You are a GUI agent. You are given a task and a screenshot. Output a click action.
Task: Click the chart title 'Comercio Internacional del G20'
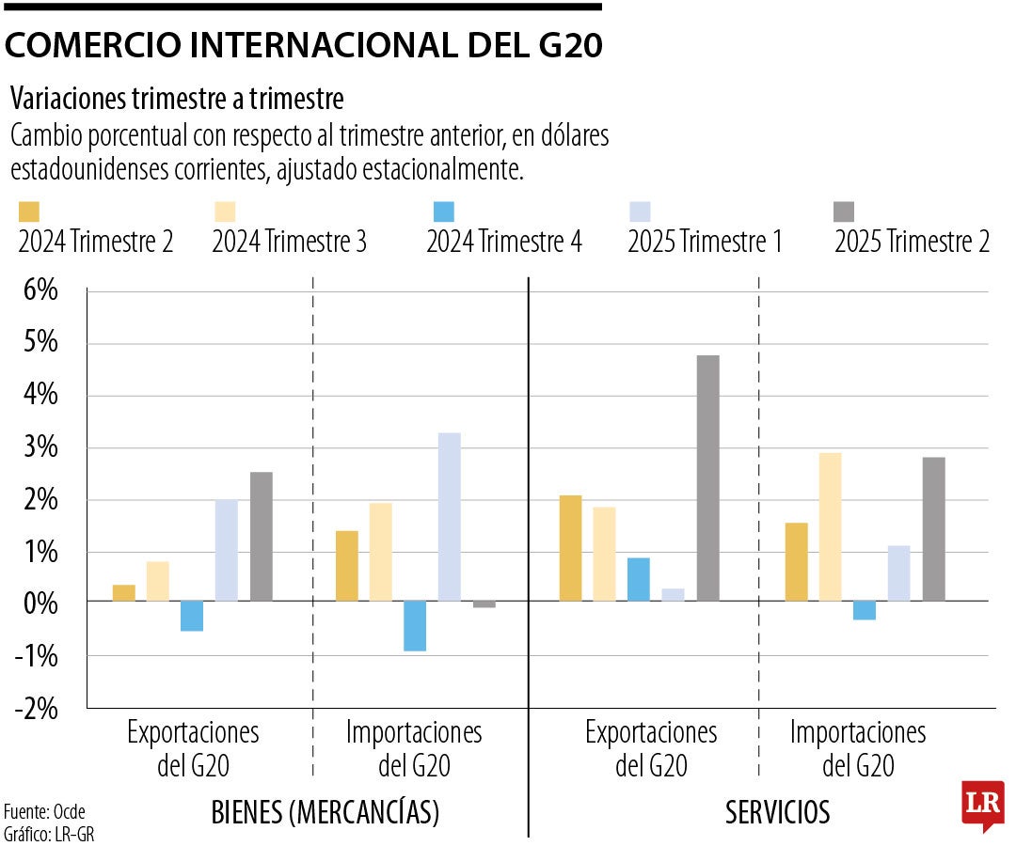pos(304,46)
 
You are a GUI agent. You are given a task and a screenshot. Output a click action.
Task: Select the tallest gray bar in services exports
pos(707,478)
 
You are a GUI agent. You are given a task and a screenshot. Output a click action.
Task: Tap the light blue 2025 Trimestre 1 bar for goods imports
pos(449,516)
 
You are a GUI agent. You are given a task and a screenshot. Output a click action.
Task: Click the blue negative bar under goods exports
pos(192,616)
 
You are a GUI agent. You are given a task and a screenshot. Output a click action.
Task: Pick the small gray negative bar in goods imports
pos(484,604)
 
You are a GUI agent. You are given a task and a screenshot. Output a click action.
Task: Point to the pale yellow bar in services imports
pos(830,526)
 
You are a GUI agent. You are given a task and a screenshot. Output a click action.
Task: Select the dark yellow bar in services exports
pos(570,548)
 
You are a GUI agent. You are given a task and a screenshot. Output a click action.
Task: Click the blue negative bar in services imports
pos(864,610)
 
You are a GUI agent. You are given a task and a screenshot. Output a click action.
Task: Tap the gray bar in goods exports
pos(261,536)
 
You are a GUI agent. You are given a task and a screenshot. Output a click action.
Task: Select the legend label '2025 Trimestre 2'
pos(912,243)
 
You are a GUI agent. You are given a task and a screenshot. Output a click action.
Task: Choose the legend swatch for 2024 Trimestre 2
pos(29,212)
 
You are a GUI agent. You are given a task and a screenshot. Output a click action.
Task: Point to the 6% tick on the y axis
pos(37,290)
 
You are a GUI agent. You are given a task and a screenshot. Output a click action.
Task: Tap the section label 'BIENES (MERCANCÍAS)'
pos(325,812)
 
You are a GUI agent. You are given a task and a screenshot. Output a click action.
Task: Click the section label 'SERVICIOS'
pos(777,812)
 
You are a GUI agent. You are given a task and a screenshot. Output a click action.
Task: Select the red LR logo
pos(981,805)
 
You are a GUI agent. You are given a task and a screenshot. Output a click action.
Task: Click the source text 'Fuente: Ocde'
pos(38,811)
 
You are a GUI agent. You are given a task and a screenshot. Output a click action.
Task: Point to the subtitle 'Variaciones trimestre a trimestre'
pos(177,98)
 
